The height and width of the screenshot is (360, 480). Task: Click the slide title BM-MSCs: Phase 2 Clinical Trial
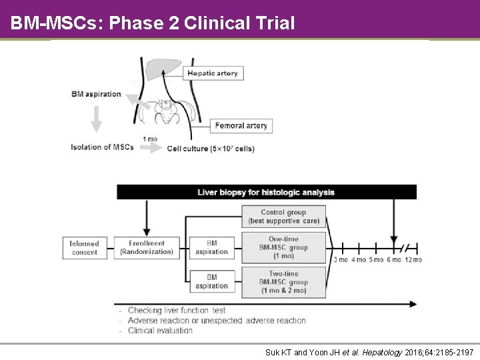click(153, 23)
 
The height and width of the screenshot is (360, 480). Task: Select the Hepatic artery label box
click(213, 73)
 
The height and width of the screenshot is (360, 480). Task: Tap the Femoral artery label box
click(241, 125)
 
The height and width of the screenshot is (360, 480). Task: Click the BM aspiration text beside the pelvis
click(96, 94)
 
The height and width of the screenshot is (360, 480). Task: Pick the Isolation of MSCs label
click(102, 147)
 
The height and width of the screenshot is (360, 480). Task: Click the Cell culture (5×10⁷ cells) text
click(211, 149)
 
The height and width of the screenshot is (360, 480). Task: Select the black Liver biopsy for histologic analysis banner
click(267, 192)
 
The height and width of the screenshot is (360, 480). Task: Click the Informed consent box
click(84, 248)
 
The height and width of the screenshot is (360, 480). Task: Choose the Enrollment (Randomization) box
click(147, 248)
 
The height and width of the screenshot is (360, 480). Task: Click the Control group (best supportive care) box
click(283, 217)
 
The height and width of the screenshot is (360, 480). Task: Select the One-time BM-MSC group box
click(283, 247)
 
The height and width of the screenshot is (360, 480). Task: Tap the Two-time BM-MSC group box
click(283, 282)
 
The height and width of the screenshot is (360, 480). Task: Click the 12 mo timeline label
click(413, 259)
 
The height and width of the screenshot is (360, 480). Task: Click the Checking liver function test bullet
click(177, 311)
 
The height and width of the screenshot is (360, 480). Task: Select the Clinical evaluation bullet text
click(160, 330)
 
